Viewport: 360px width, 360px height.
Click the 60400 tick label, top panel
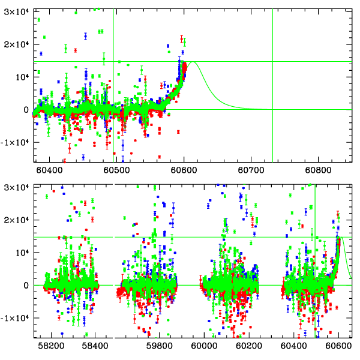pos(49,170)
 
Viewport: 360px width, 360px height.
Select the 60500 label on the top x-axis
pos(116,170)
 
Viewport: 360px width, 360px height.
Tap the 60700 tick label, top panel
pos(251,170)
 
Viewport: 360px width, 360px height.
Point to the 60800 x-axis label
pos(318,170)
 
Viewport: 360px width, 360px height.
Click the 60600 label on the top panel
pos(184,170)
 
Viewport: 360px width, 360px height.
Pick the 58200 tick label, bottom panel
pos(51,346)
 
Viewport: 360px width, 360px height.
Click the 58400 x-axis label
pos(95,346)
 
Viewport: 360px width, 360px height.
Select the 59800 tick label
pos(159,346)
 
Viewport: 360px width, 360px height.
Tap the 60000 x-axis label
pos(204,346)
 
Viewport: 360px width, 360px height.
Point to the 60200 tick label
pos(249,346)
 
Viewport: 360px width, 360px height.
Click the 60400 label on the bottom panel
pos(293,346)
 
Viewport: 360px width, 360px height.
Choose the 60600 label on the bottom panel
pos(338,346)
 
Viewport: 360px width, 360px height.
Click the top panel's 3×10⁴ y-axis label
pos(16,12)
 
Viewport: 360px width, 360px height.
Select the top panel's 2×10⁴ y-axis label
pos(16,44)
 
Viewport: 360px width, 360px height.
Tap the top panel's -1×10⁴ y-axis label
pos(14,143)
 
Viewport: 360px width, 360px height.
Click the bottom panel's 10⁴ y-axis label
pos(22,253)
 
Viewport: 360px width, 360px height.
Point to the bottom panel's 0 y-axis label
pos(26,286)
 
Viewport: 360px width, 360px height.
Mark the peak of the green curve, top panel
pos(193,62)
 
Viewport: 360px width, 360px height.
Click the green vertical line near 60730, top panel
pos(272,86)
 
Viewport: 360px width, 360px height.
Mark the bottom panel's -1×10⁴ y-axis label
pos(14,318)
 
